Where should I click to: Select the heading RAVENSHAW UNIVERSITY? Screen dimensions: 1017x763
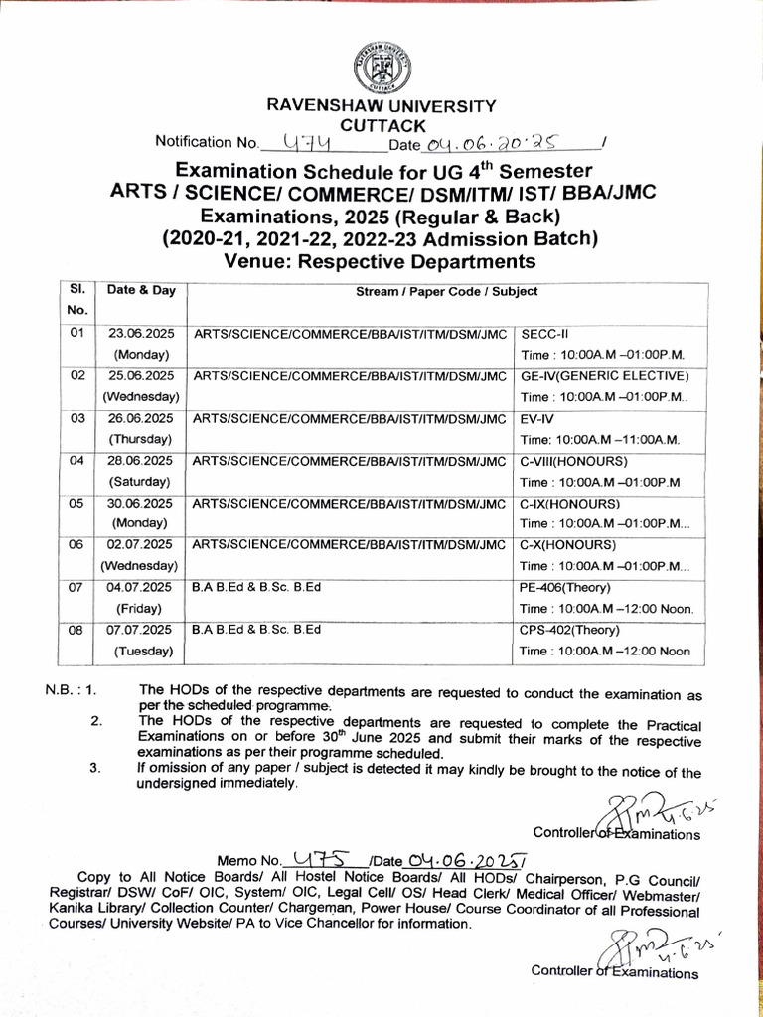pyautogui.click(x=381, y=105)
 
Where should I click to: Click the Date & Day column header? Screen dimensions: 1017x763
pyautogui.click(x=141, y=291)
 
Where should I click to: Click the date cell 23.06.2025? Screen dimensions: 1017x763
pyautogui.click(x=141, y=334)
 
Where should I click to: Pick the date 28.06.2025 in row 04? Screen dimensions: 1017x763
pyautogui.click(x=141, y=461)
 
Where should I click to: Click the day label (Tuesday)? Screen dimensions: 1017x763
pyautogui.click(x=141, y=652)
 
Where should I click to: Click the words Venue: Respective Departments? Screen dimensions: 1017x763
pyautogui.click(x=381, y=261)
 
